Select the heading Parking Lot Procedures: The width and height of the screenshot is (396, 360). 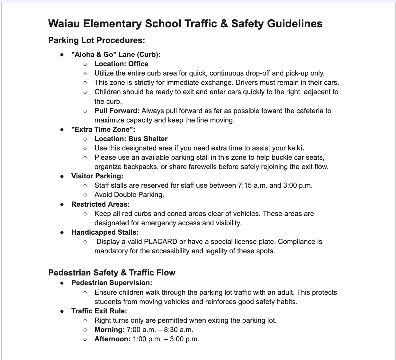pos(96,40)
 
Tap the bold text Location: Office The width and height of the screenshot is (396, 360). pos(121,64)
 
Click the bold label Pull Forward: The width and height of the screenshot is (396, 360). pos(117,111)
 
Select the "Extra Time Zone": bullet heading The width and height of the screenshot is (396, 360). pos(103,130)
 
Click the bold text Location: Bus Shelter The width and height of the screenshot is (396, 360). pos(131,139)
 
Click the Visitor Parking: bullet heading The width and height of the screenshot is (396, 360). pos(97,176)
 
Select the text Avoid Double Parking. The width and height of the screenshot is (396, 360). pos(129,195)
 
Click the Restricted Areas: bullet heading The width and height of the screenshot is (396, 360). pos(100,204)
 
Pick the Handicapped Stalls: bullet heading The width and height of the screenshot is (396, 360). pos(105,232)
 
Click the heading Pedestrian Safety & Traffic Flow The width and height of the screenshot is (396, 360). pos(112,273)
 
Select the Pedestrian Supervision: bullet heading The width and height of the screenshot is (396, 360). pos(112,283)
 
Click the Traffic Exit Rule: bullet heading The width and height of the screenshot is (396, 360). pos(99,311)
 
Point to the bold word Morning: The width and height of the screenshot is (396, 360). pos(109,330)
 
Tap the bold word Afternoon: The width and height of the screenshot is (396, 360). pos(112,339)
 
